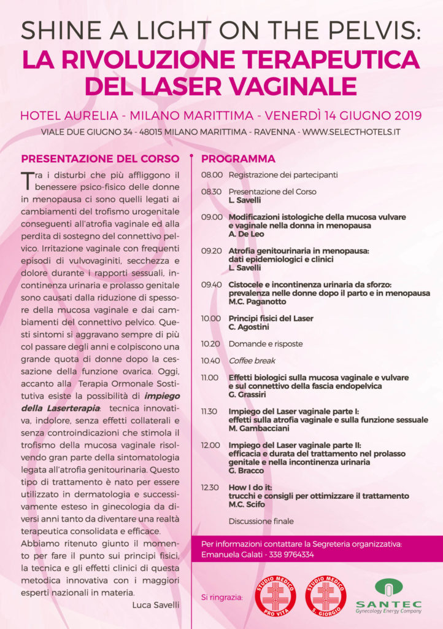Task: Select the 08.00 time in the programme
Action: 212,175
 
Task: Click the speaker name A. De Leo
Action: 246,234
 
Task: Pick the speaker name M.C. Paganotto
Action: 254,302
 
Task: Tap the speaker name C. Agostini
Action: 248,327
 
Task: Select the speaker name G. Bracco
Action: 245,470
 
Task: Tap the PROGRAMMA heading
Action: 238,158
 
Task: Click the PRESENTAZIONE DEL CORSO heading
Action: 100,158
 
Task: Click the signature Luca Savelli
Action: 156,605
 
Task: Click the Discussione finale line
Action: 261,522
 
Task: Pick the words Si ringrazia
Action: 221,597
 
